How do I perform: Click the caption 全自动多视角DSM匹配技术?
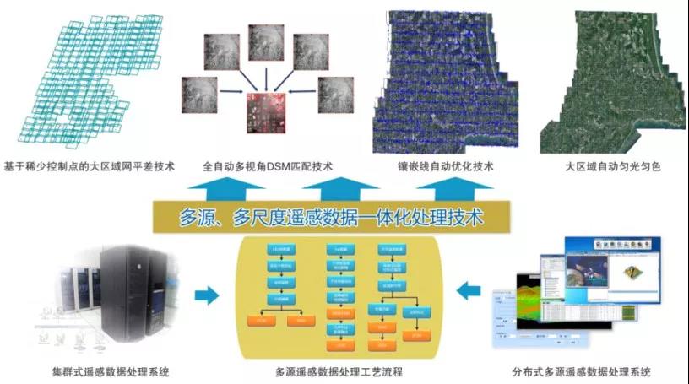tap(268, 166)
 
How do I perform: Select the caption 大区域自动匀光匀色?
tap(613, 166)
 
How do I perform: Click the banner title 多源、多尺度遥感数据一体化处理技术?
tap(332, 217)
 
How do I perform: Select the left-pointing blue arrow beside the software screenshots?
tap(467, 293)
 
